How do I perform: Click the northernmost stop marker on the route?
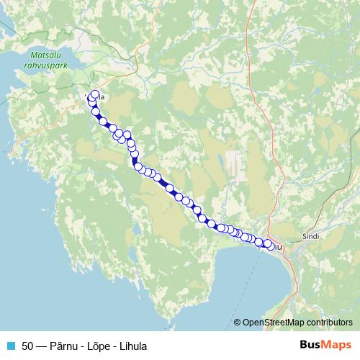tap(95, 94)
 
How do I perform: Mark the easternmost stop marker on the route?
tap(269, 245)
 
